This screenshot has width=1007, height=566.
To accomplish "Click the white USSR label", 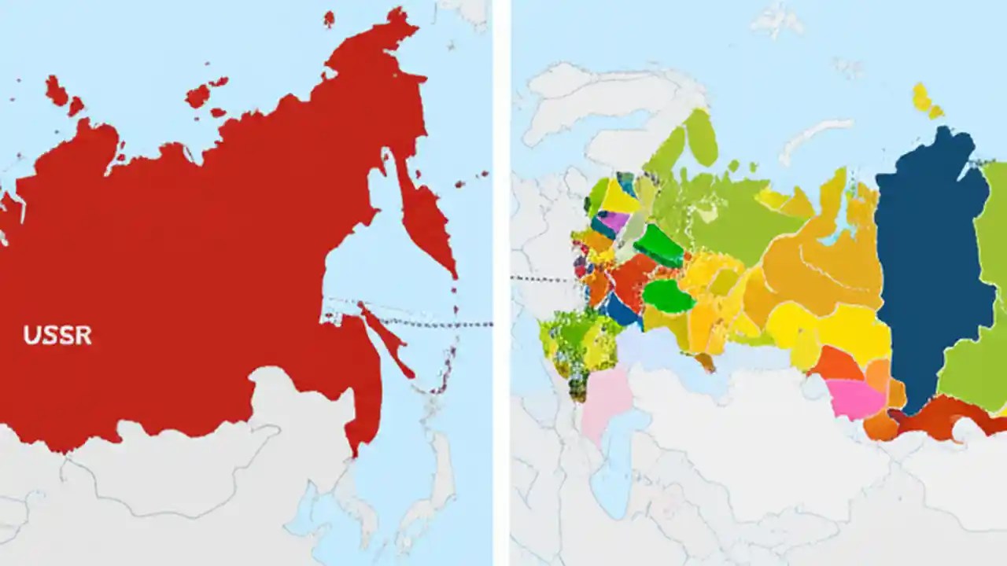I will click(57, 336).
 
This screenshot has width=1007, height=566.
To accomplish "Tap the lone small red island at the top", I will click(329, 18).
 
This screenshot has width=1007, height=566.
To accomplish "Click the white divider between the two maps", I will click(501, 283).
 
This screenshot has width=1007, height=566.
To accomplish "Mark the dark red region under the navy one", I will click(944, 417).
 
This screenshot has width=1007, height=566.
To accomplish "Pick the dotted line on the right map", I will click(543, 279).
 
